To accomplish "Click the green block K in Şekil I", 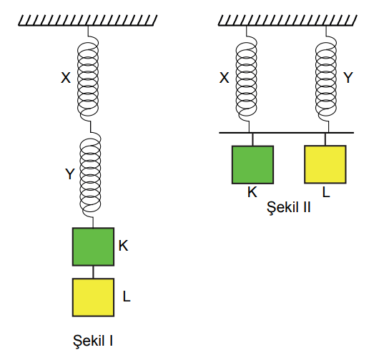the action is pyautogui.click(x=93, y=246).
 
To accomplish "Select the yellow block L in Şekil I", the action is pyautogui.click(x=93, y=297).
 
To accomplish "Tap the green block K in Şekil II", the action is pyautogui.click(x=252, y=165).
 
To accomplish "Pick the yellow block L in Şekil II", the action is pyautogui.click(x=325, y=164).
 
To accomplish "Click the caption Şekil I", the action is pyautogui.click(x=93, y=341).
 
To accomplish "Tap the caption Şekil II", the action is pyautogui.click(x=289, y=207).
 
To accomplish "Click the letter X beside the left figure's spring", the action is pyautogui.click(x=66, y=78).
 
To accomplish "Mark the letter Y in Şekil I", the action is pyautogui.click(x=70, y=174).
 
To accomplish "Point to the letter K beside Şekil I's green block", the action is pyautogui.click(x=123, y=246).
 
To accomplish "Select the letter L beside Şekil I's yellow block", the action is pyautogui.click(x=127, y=296).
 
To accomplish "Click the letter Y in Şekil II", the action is pyautogui.click(x=348, y=78).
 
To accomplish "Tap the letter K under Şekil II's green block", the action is pyautogui.click(x=252, y=192).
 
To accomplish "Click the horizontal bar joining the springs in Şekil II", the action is pyautogui.click(x=287, y=133).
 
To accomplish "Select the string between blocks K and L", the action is pyautogui.click(x=93, y=272).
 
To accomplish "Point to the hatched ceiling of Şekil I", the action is pyautogui.click(x=88, y=20).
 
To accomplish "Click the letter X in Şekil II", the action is pyautogui.click(x=224, y=78).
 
